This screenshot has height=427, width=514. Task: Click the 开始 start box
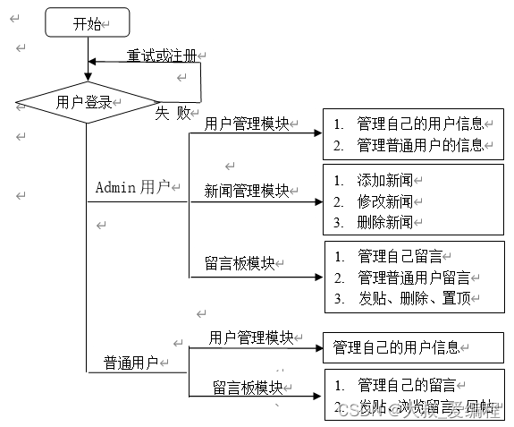point(88,23)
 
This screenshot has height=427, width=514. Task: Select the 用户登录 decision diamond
point(86,102)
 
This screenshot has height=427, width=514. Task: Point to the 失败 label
point(173,113)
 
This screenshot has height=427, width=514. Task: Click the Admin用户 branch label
point(132,187)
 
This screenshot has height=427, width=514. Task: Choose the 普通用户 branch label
point(131,363)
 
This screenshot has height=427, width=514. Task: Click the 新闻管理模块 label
point(247,191)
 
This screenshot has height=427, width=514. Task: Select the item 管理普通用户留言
point(413,277)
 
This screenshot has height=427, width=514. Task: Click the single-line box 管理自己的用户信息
point(396,346)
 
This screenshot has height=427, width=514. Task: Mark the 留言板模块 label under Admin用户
point(240,263)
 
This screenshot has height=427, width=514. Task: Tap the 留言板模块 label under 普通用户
point(247,388)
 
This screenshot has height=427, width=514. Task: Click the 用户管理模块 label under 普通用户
point(251,337)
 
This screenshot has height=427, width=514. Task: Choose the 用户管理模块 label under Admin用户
point(247,124)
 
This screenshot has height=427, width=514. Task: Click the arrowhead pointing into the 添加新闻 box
point(318,201)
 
